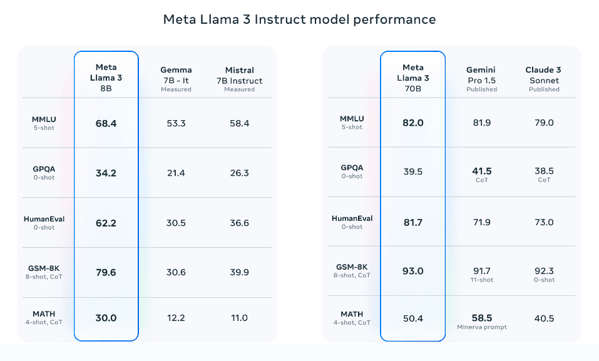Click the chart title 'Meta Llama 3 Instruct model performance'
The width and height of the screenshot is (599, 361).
299,19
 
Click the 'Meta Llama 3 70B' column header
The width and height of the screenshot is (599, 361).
413,78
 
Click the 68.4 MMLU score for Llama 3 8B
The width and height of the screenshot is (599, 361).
106,123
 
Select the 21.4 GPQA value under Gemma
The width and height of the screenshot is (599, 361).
176,173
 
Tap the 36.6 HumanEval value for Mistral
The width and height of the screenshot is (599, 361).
239,222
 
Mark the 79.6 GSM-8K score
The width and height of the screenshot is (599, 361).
106,272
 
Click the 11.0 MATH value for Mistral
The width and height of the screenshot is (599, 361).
239,318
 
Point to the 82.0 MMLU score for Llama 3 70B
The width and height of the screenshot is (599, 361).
412,123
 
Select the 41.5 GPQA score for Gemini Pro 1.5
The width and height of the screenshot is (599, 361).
482,171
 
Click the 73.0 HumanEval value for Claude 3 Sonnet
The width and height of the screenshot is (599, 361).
544,222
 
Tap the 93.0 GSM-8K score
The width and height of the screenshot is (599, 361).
412,272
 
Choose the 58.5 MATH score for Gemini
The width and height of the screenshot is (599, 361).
482,318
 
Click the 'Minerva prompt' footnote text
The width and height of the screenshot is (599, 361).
482,327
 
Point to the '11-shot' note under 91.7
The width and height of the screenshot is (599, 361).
482,280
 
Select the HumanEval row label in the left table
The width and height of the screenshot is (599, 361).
44,219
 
